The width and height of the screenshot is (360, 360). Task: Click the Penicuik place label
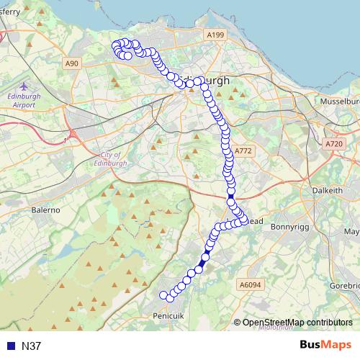click(x=171, y=315)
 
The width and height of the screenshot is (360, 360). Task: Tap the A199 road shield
click(x=215, y=35)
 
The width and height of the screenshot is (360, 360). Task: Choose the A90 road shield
click(x=71, y=64)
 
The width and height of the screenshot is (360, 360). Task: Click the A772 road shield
click(x=243, y=151)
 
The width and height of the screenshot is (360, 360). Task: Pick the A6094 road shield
click(x=250, y=285)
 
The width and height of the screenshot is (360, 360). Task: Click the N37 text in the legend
click(x=32, y=346)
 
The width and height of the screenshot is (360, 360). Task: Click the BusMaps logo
click(x=325, y=346)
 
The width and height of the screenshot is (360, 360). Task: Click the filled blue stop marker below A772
click(x=230, y=197)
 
